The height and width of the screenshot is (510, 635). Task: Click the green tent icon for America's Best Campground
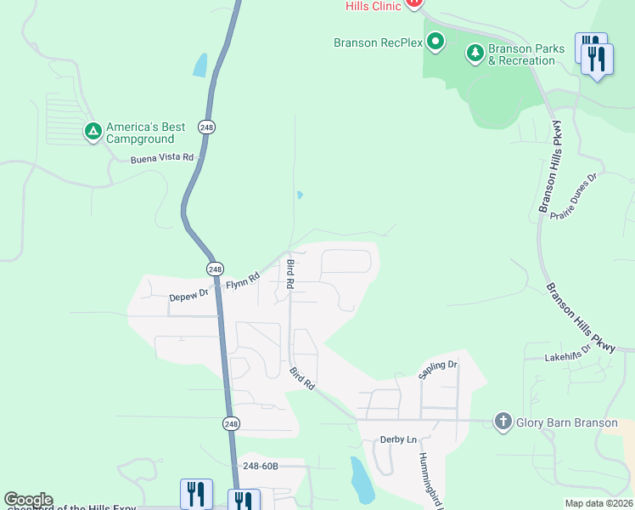click(93, 132)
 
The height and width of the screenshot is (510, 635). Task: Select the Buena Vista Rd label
click(162, 158)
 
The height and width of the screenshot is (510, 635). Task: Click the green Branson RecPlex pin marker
click(436, 41)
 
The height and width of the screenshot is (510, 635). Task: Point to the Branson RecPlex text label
click(379, 42)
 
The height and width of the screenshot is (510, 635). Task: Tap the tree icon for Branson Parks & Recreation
click(475, 54)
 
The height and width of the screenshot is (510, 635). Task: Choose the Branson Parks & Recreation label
click(526, 54)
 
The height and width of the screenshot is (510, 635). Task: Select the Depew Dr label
click(188, 296)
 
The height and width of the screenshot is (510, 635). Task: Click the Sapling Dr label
click(438, 370)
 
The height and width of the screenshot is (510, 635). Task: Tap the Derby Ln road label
click(400, 439)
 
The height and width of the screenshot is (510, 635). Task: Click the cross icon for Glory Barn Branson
click(503, 422)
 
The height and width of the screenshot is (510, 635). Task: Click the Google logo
click(28, 500)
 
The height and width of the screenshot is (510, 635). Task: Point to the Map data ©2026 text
click(598, 503)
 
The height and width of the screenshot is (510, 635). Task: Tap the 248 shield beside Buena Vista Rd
click(207, 127)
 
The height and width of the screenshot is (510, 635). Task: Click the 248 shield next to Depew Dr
click(212, 269)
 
